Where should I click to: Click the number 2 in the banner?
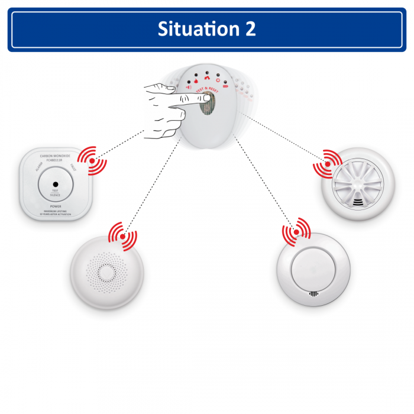[x=250, y=29]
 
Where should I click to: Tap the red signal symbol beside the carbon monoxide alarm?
[x=90, y=158]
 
